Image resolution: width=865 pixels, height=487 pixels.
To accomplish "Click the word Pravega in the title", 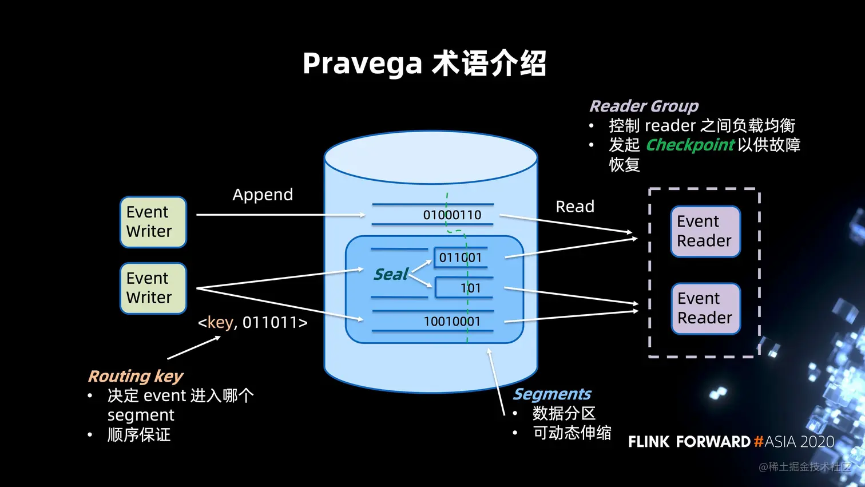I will (362, 64).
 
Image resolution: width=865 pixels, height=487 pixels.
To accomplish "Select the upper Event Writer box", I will (153, 222).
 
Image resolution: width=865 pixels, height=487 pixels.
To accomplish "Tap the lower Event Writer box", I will (153, 288).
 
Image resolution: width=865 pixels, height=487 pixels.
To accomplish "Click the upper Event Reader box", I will (705, 231).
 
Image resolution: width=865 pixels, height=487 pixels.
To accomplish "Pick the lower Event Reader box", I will (705, 308).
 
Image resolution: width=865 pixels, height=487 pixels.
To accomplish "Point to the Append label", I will (263, 195).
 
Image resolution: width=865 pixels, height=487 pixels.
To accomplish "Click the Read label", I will (575, 207).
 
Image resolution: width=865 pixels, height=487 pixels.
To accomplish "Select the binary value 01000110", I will (452, 215).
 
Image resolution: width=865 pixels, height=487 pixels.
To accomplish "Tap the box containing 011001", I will (461, 258).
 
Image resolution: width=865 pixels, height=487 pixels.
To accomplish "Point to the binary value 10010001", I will (452, 322).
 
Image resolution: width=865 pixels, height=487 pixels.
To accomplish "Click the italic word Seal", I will (391, 275).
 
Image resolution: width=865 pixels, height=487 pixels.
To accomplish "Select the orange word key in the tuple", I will (220, 323).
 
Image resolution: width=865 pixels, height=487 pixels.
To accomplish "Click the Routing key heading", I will (136, 376).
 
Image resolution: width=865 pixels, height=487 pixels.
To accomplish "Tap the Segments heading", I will (552, 394).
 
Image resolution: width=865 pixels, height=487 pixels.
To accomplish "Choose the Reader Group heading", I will (644, 106).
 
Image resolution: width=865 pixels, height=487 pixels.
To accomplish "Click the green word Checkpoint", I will (690, 145).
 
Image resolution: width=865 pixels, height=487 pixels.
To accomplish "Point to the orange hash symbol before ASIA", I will (758, 442).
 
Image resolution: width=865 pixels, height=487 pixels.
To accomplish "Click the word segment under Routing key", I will (141, 415).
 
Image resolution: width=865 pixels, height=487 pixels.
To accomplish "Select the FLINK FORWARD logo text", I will (689, 442).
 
